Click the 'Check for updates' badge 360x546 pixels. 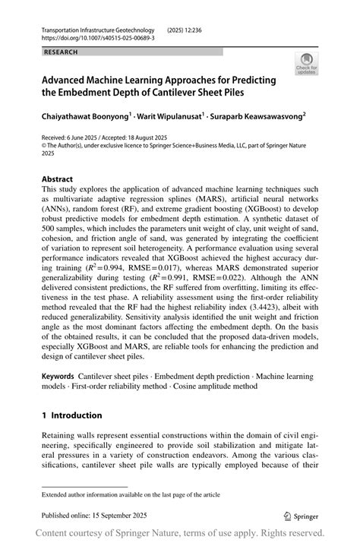[x=308, y=63]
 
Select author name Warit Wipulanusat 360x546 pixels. [x=177, y=118]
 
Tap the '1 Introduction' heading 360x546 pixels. [x=71, y=415]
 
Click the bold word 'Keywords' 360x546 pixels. [x=58, y=376]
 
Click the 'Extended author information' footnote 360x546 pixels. [x=131, y=494]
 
